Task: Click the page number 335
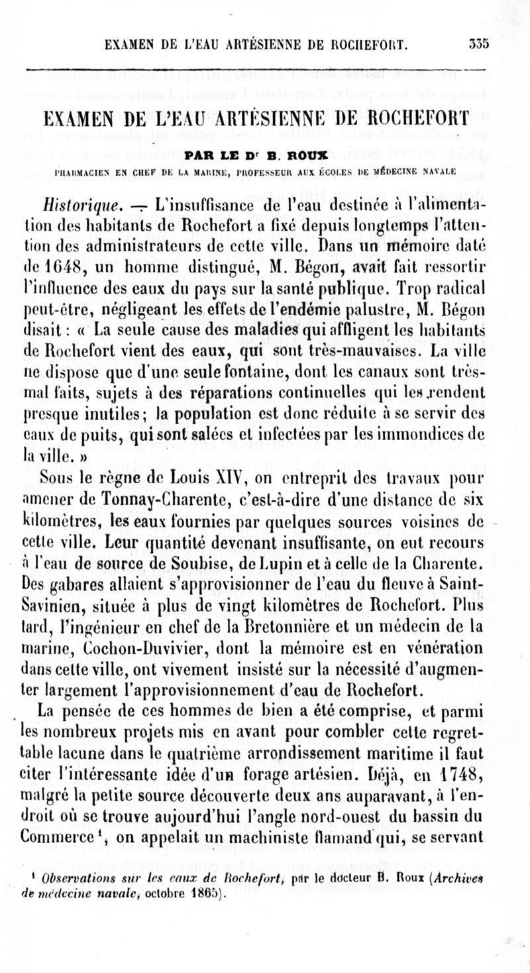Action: pos(478,45)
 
